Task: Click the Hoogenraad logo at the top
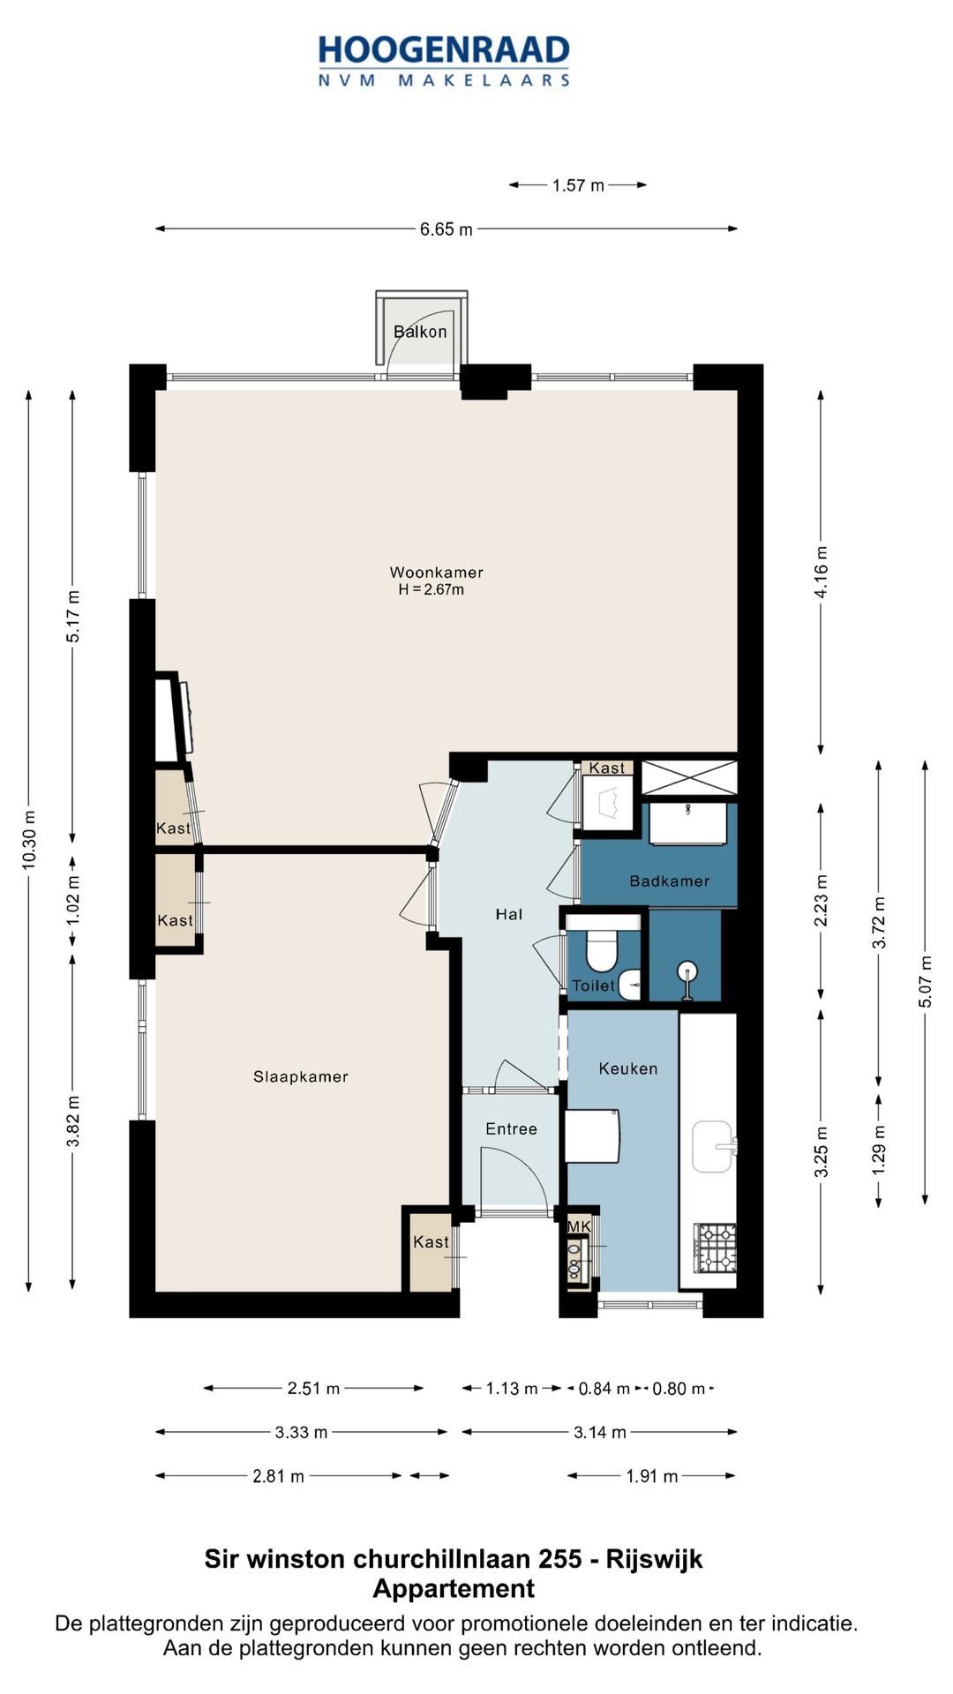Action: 444,60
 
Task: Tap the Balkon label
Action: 420,332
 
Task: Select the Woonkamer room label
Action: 437,572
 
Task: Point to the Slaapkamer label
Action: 301,1076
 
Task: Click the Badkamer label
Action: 670,881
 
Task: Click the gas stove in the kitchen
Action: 716,1248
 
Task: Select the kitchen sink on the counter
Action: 713,1147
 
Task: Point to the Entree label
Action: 511,1128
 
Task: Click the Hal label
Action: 509,914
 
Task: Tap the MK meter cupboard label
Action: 579,1226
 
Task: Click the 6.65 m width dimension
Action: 446,229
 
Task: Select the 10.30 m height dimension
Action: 29,839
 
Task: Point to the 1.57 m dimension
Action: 578,185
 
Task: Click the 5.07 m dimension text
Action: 925,981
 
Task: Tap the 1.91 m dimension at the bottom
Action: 652,1476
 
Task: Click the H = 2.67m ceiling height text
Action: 431,589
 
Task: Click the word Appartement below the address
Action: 454,1588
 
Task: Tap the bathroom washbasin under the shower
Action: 688,822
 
